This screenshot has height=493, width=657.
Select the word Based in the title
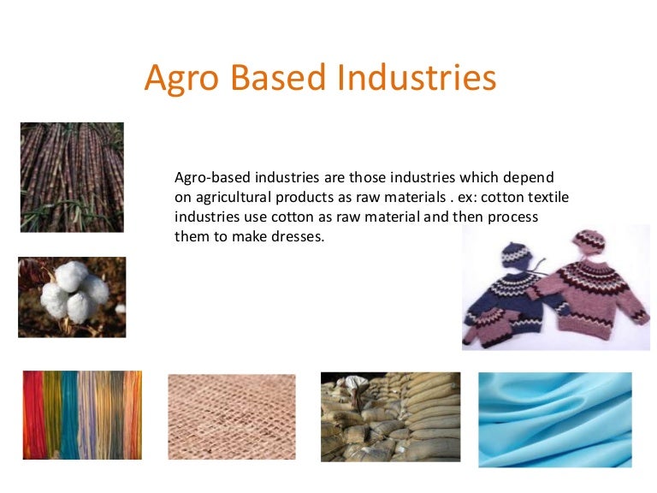pyautogui.click(x=276, y=78)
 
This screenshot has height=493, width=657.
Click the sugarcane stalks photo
pyautogui.click(x=72, y=177)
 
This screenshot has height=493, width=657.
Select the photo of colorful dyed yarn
pyautogui.click(x=82, y=414)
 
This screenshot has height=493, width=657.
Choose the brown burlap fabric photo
pyautogui.click(x=232, y=417)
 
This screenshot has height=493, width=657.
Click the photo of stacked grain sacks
pyautogui.click(x=390, y=417)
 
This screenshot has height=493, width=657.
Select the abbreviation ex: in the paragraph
pyautogui.click(x=457, y=197)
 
